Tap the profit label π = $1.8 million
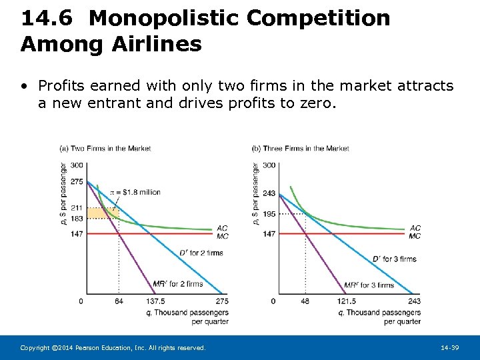point(136,192)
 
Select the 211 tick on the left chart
point(77,209)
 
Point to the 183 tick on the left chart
point(77,219)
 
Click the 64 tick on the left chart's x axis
point(119,301)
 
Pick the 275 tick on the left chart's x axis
point(222,301)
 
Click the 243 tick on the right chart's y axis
point(269,193)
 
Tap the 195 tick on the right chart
point(269,214)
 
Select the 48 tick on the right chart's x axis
point(305,301)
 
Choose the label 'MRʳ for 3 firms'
point(369,285)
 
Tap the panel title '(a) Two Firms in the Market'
point(105,148)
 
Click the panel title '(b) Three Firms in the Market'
point(301,148)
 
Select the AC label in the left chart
point(222,228)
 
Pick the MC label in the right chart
point(415,236)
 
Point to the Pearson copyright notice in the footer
point(113,348)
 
